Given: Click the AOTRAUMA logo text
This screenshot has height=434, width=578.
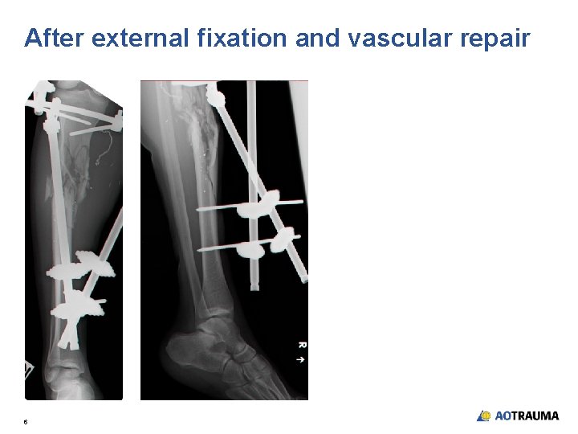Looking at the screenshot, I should tap(527, 416).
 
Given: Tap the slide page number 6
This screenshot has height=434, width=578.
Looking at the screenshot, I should tap(26, 421).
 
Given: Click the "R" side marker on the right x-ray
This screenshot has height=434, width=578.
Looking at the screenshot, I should tap(301, 346).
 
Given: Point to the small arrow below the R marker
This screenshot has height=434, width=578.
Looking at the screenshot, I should tap(301, 359).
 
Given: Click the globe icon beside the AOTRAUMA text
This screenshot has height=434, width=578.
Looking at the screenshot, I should tap(484, 416).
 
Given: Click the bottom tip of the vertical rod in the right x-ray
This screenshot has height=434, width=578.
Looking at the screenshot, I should tap(254, 285).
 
